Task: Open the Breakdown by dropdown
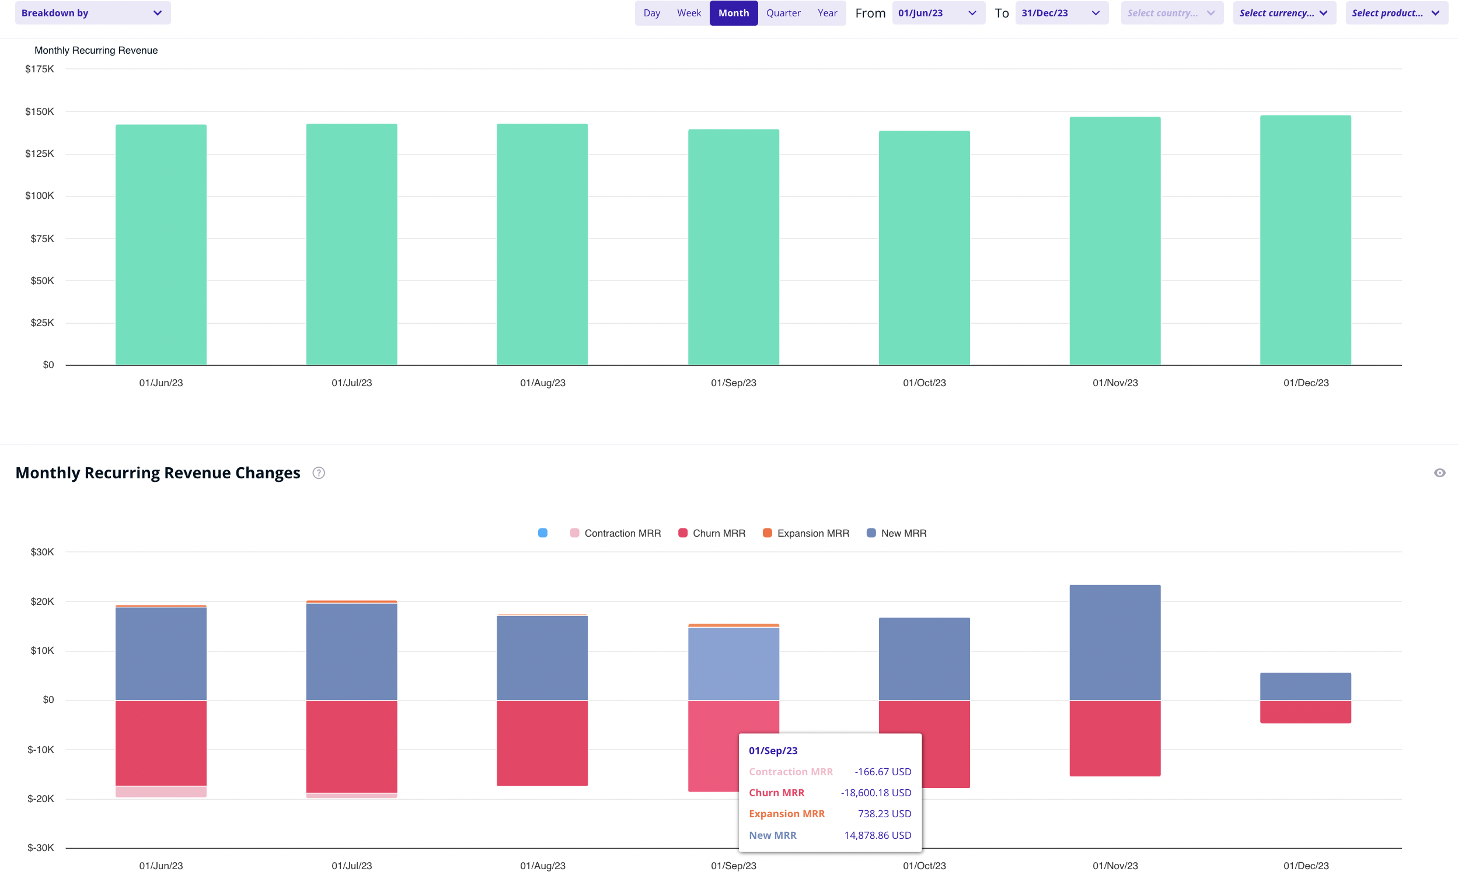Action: tap(92, 13)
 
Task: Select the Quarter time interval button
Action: tap(783, 13)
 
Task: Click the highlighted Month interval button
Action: tap(733, 13)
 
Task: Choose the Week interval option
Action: tap(689, 13)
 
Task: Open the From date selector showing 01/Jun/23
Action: tap(938, 13)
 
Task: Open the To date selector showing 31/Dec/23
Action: tap(1061, 13)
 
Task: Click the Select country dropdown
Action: tap(1171, 13)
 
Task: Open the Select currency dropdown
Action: tap(1283, 13)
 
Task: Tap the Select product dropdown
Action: tap(1396, 13)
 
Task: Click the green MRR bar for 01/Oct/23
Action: tap(924, 249)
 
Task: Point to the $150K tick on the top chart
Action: tap(39, 112)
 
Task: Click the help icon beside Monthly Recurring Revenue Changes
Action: tap(318, 473)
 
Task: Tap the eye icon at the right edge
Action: tap(1439, 473)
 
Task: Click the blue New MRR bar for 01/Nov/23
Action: tap(1115, 642)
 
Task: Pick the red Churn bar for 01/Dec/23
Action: tap(1305, 712)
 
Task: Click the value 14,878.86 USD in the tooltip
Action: tap(877, 836)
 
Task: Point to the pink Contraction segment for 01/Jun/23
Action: tap(161, 792)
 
